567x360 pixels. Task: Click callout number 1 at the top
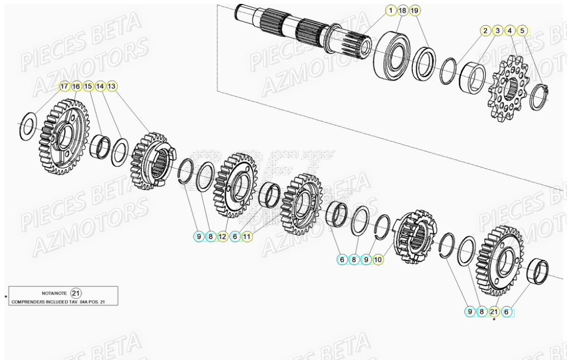pos(390,11)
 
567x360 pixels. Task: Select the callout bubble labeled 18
pos(402,11)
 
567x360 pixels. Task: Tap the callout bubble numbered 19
pos(414,11)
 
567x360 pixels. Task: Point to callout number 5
pos(522,31)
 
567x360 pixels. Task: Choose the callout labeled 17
pos(64,87)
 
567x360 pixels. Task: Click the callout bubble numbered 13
pos(112,87)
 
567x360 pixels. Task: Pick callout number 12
pos(223,237)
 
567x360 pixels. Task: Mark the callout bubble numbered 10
pos(378,259)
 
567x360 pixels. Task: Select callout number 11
pos(247,237)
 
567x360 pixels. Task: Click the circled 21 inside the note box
pos(77,293)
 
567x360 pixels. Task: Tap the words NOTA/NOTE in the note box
pos(54,293)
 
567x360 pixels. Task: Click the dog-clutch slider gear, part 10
pos(413,236)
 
